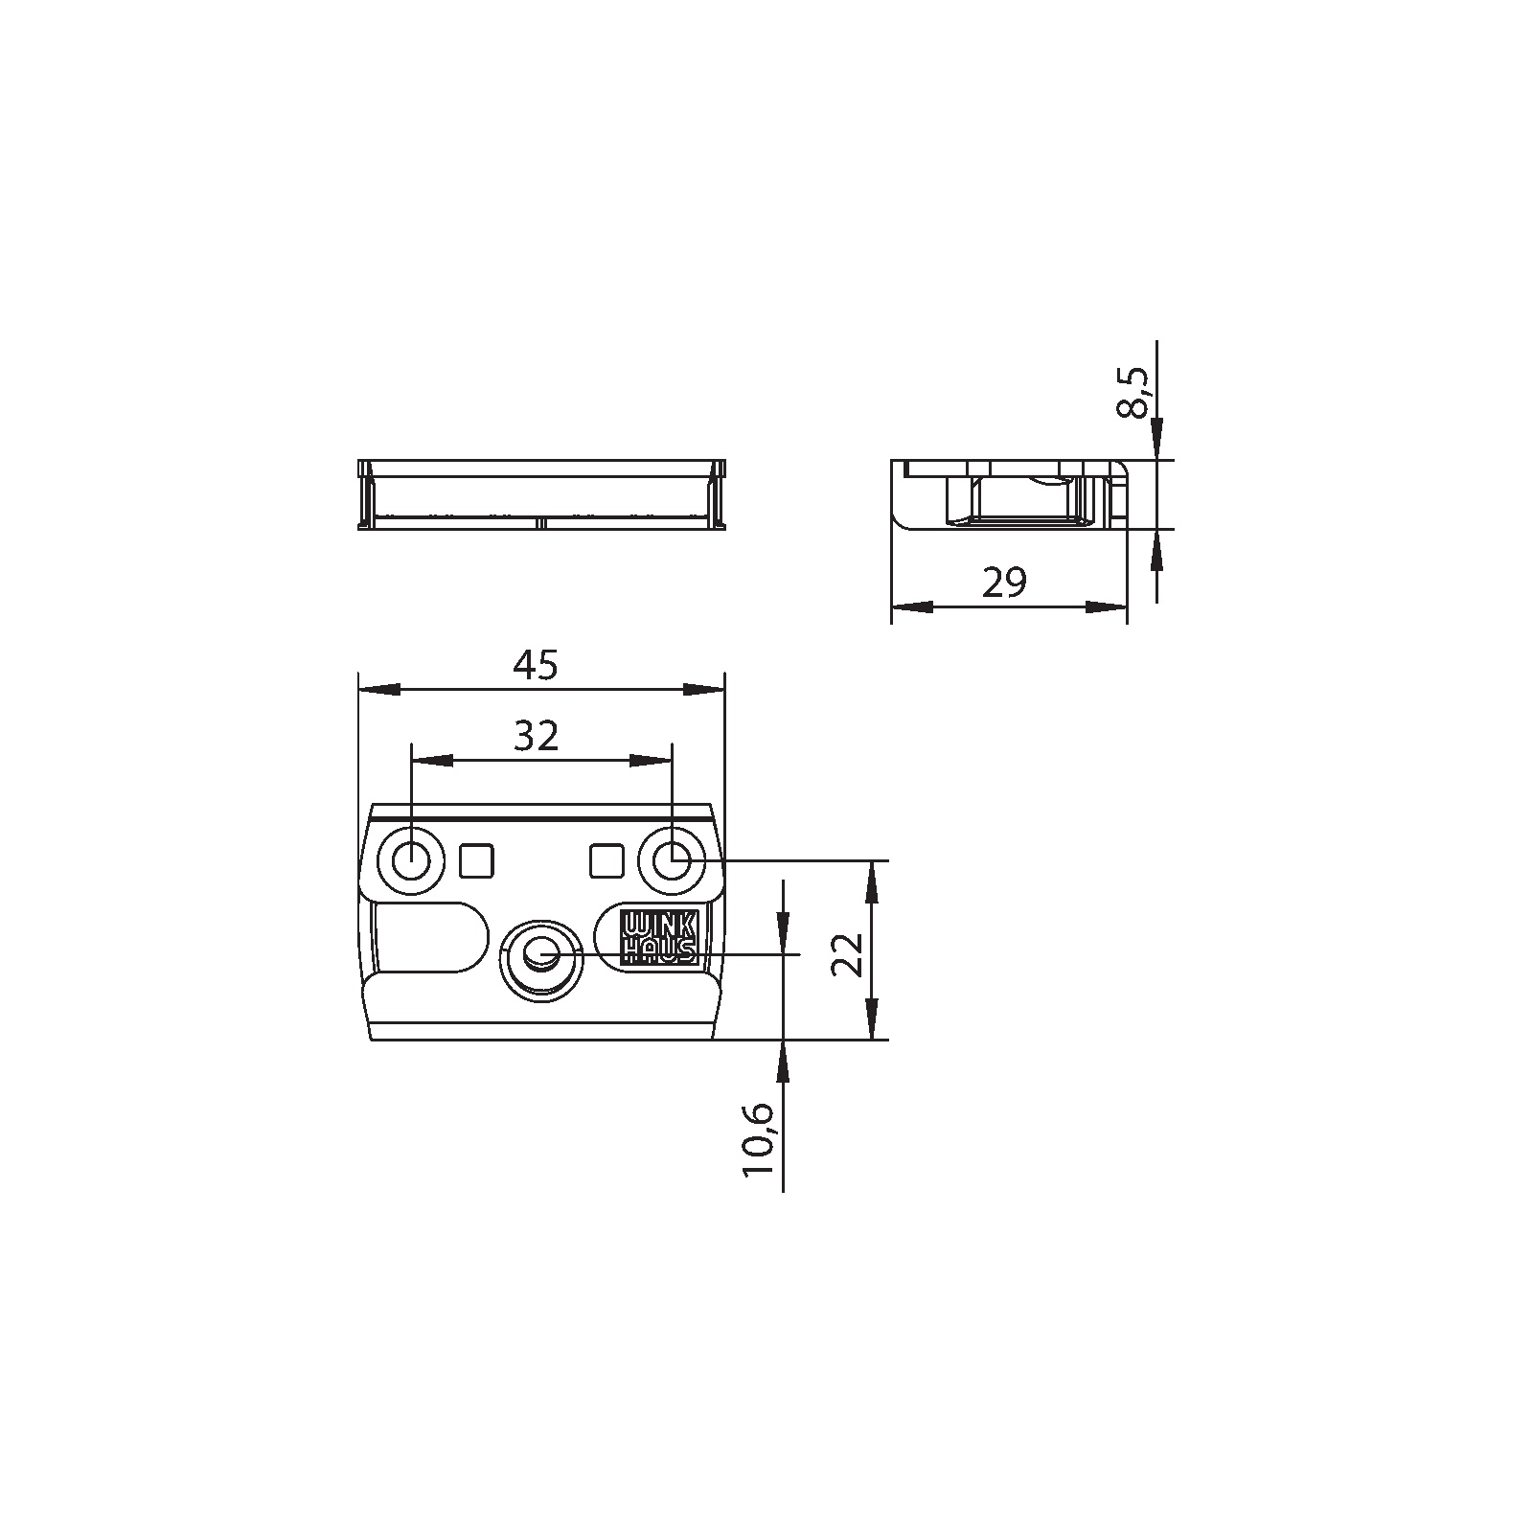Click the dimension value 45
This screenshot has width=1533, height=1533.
pyautogui.click(x=535, y=665)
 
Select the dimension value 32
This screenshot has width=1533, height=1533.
pyautogui.click(x=536, y=736)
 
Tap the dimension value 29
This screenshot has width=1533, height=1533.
pyautogui.click(x=1004, y=582)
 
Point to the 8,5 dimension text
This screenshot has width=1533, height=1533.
pyautogui.click(x=1136, y=392)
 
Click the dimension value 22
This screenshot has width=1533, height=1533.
pyautogui.click(x=848, y=954)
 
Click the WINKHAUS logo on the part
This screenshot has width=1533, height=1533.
pyautogui.click(x=659, y=937)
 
